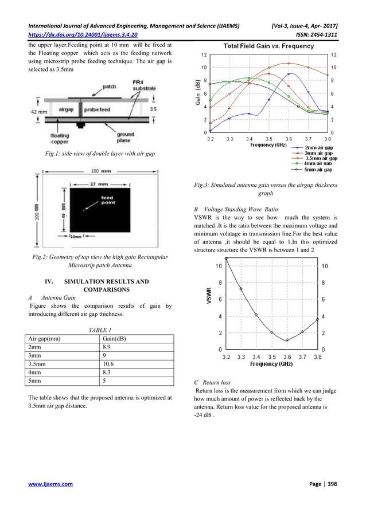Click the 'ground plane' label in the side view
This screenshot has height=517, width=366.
point(125,138)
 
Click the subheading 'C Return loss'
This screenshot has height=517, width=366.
point(213,381)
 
